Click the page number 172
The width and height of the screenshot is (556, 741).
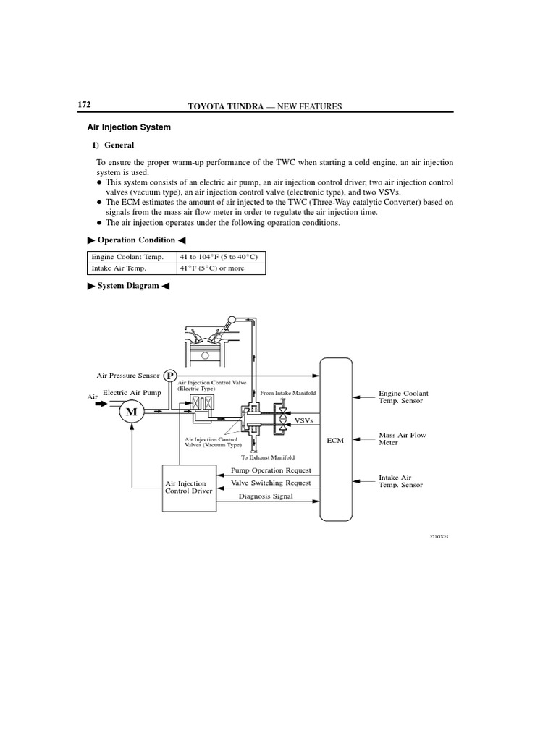pyautogui.click(x=84, y=105)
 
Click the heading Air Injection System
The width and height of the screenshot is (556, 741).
pyautogui.click(x=129, y=127)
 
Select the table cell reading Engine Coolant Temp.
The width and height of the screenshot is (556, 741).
pyautogui.click(x=127, y=257)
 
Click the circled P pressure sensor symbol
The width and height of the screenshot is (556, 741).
pyautogui.click(x=170, y=376)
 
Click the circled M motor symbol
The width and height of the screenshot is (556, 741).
pyautogui.click(x=132, y=412)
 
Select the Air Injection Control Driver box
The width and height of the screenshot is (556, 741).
pyautogui.click(x=189, y=487)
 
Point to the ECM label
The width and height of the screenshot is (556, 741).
pyautogui.click(x=335, y=440)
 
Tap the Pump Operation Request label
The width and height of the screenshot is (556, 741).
pyautogui.click(x=271, y=470)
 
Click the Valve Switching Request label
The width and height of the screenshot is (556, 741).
pyautogui.click(x=271, y=483)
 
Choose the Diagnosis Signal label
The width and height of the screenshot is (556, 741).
pyautogui.click(x=267, y=496)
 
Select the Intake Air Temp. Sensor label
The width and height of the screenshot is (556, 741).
pyautogui.click(x=400, y=481)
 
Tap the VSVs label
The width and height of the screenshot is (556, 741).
pyautogui.click(x=304, y=420)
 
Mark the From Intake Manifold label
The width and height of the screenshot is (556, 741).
pyautogui.click(x=293, y=393)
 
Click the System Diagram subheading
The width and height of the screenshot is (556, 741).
pyautogui.click(x=128, y=287)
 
